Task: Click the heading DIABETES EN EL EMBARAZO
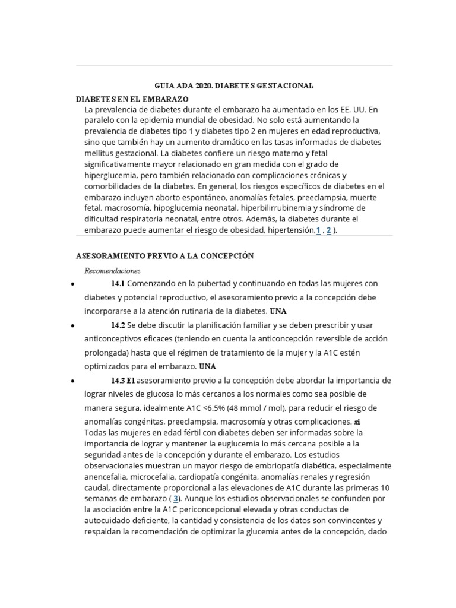[x=132, y=99]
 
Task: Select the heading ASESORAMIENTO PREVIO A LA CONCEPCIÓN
[x=165, y=256]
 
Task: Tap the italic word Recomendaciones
[x=112, y=271]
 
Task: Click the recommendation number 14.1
[x=118, y=283]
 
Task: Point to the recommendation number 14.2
[x=118, y=325]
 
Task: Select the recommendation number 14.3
[x=118, y=380]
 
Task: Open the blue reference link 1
[x=318, y=230]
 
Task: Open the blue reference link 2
[x=329, y=230]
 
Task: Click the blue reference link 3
[x=176, y=498]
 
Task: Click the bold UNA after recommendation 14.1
[x=278, y=311]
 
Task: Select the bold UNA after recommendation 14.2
[x=208, y=366]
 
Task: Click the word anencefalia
[x=108, y=476]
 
